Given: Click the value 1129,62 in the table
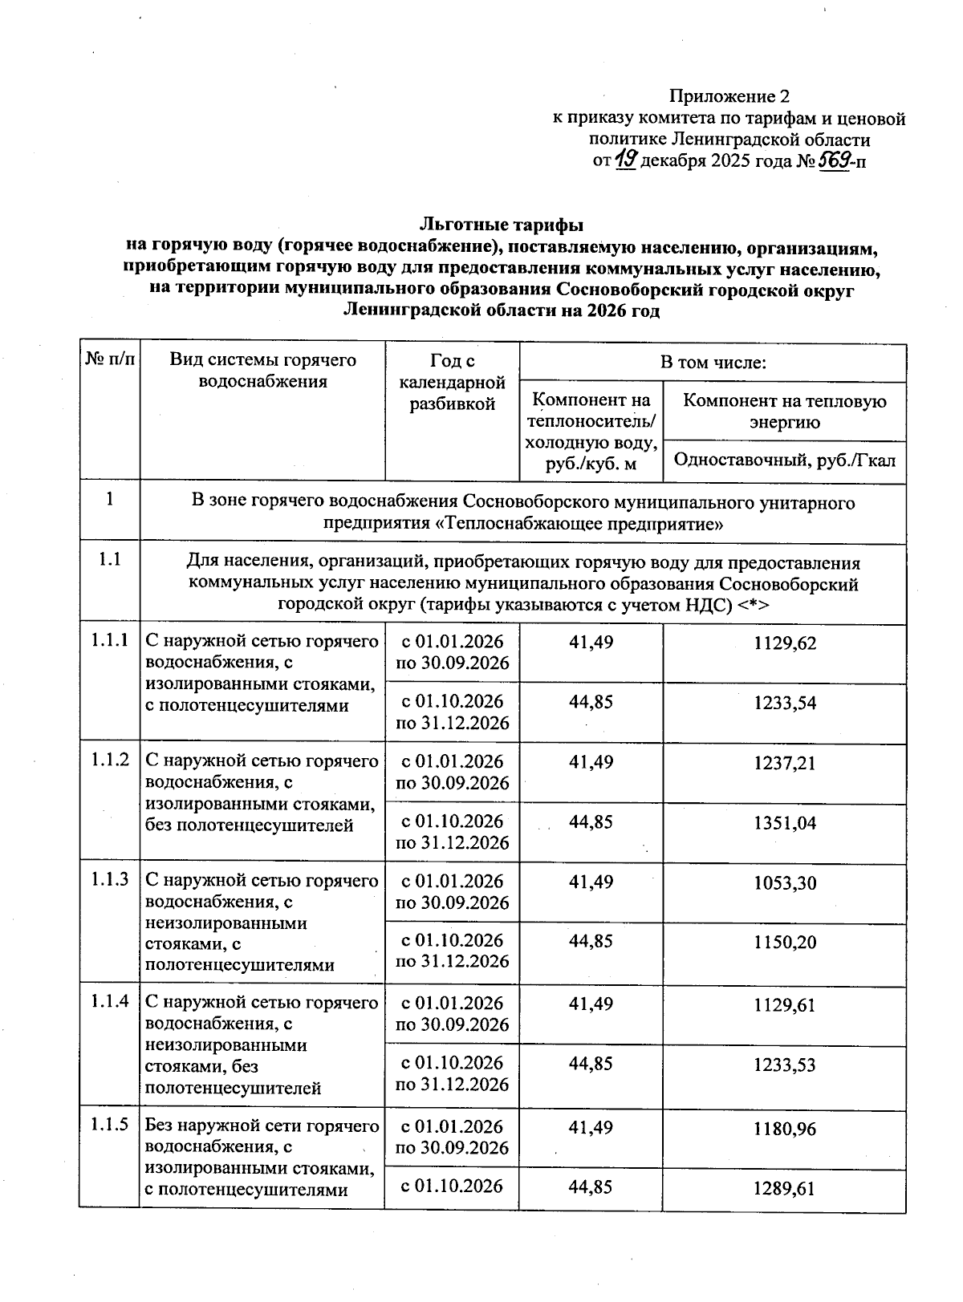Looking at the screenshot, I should click(x=785, y=643).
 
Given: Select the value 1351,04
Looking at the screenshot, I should click(x=785, y=823).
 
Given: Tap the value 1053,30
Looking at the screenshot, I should click(x=785, y=883).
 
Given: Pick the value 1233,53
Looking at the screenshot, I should click(x=785, y=1065).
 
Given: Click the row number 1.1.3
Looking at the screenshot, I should click(x=109, y=880).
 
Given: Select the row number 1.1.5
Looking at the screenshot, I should click(x=109, y=1126).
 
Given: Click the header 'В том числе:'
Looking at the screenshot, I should click(x=713, y=363).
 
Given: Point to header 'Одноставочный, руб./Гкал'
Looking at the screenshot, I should click(x=785, y=460).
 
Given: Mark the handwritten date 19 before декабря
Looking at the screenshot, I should click(x=626, y=161).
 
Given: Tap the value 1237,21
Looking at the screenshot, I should click(x=785, y=763).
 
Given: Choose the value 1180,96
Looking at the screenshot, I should click(x=785, y=1129).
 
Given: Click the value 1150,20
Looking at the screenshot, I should click(x=785, y=943).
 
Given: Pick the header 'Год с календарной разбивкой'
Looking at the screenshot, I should click(x=452, y=383).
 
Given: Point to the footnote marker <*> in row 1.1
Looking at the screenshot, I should click(x=754, y=606).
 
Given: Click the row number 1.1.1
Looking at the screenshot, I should click(x=109, y=641).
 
